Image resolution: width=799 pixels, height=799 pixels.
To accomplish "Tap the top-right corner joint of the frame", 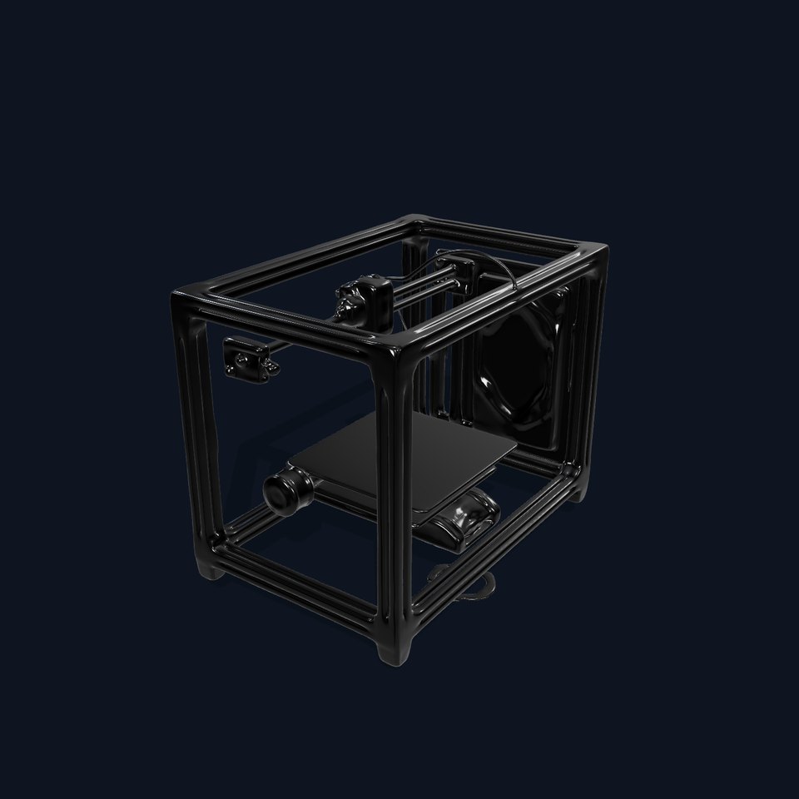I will click(593, 252).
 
